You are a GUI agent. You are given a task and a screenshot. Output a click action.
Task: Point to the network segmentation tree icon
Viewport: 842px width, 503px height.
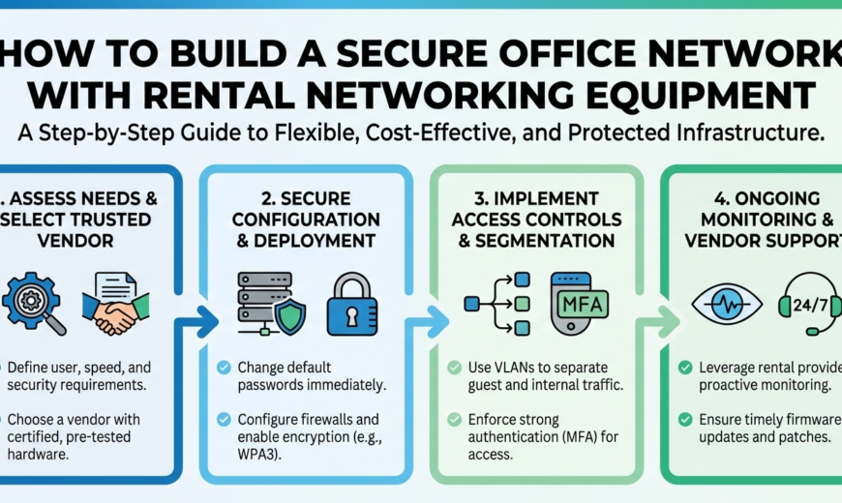pyautogui.click(x=499, y=303)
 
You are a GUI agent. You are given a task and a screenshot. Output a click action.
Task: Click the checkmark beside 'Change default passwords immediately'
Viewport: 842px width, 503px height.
pyautogui.click(x=225, y=368)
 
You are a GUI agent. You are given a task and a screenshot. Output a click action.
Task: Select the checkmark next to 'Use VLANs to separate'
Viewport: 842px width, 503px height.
pyautogui.click(x=455, y=369)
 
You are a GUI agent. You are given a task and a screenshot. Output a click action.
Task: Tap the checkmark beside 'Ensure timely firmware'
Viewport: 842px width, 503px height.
pyautogui.click(x=685, y=420)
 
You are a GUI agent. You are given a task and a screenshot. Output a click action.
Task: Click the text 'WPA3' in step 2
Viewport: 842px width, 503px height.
pyautogui.click(x=261, y=454)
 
